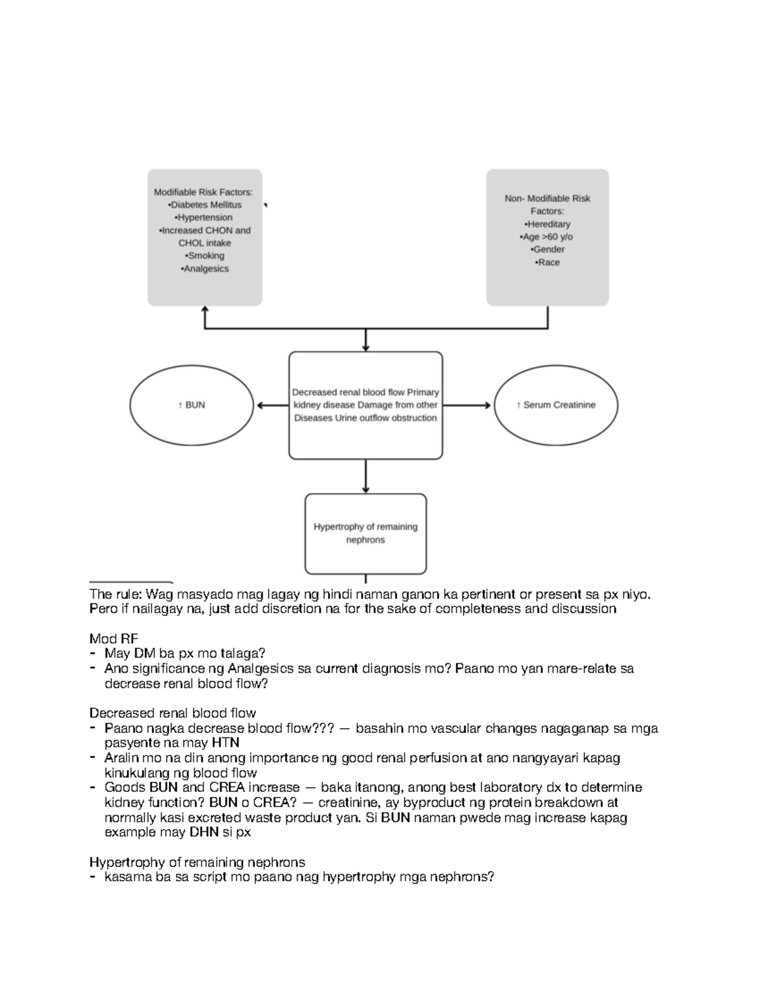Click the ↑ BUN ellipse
(192, 405)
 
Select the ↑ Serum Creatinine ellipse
(555, 405)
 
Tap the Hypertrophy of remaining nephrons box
(365, 533)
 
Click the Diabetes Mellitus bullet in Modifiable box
(205, 205)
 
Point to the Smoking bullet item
(205, 256)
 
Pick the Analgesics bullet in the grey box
(205, 269)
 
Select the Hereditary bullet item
(547, 224)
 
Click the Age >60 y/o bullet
(547, 237)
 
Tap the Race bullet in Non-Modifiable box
(547, 263)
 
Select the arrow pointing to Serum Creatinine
(467, 406)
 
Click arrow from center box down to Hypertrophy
(365, 476)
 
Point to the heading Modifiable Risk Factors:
(203, 192)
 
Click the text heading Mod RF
(113, 638)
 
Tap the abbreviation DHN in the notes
(203, 832)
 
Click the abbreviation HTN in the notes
(225, 742)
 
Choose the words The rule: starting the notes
(117, 594)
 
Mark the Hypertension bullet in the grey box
(205, 218)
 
